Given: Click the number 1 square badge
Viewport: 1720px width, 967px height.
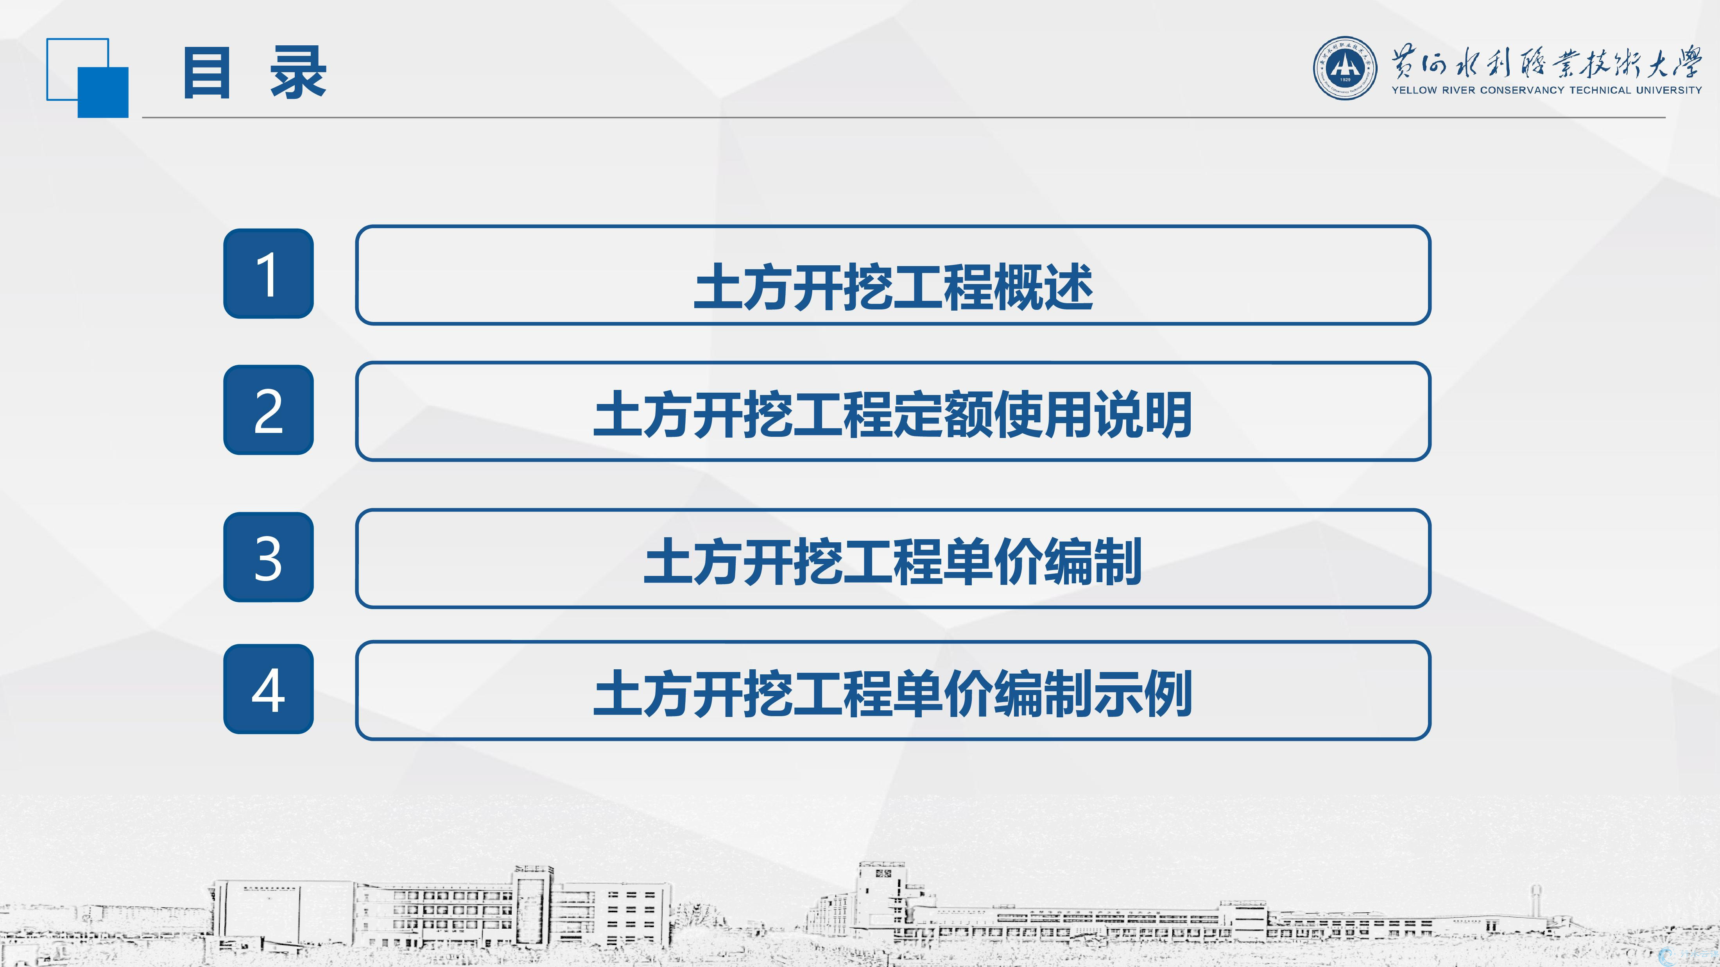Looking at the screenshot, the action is point(269,273).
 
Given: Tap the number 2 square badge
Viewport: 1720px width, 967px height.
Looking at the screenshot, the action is point(269,410).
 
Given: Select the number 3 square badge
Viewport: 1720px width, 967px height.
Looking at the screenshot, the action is point(269,557).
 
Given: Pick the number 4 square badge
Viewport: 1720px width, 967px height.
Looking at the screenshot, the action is point(269,689).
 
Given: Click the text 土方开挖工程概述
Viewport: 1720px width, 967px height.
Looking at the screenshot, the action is point(893,286).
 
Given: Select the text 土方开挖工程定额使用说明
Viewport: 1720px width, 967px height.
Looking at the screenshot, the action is point(893,415).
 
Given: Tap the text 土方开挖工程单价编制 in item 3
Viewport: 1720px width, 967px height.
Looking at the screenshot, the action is point(893,562).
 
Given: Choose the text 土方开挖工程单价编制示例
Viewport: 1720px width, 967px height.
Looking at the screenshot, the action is point(893,694).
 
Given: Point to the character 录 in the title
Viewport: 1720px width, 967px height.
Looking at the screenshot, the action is point(298,73).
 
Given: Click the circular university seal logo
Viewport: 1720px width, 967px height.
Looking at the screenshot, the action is point(1345,68).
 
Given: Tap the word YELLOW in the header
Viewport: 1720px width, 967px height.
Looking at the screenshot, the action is point(1414,90).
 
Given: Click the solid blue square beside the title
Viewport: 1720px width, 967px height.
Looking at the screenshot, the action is point(103,93).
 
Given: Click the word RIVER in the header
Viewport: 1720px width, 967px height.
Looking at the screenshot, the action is point(1458,90).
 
